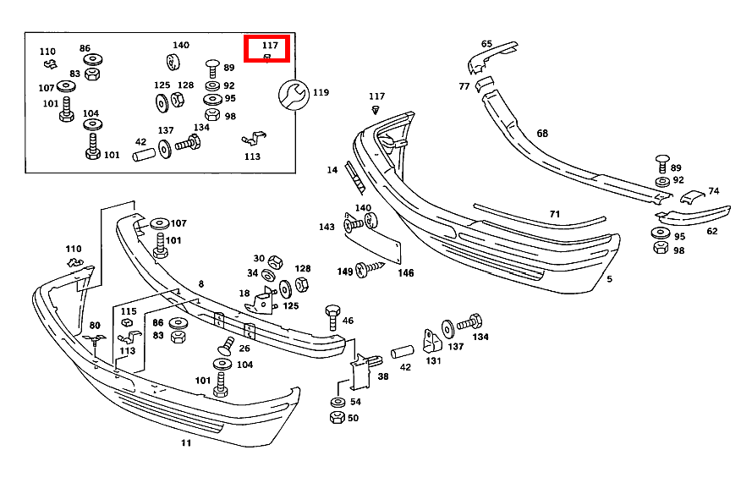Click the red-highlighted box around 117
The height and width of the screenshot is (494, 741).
coord(267,49)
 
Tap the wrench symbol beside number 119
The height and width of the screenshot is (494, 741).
coord(293,93)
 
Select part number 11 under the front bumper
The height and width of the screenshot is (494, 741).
coord(186,442)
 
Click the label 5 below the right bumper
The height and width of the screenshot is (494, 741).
coord(609,278)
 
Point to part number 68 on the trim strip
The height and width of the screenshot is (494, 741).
coord(542,133)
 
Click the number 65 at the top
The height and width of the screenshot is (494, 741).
coord(486,44)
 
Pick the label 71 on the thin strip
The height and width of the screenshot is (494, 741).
coord(555,214)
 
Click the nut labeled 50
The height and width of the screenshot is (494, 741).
coord(336,418)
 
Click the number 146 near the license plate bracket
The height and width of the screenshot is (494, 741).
coord(406,273)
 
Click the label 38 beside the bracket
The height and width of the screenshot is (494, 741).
coord(383,377)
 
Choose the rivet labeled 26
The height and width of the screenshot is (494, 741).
coord(226,344)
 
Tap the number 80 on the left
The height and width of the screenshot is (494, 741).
coord(95,325)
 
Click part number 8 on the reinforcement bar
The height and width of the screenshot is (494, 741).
coord(201,284)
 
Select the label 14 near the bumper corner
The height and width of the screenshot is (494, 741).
coord(332,171)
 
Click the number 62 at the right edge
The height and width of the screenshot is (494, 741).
coord(711,231)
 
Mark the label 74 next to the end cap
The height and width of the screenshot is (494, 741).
coord(713,191)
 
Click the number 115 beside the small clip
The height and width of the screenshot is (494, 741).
coord(128,311)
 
